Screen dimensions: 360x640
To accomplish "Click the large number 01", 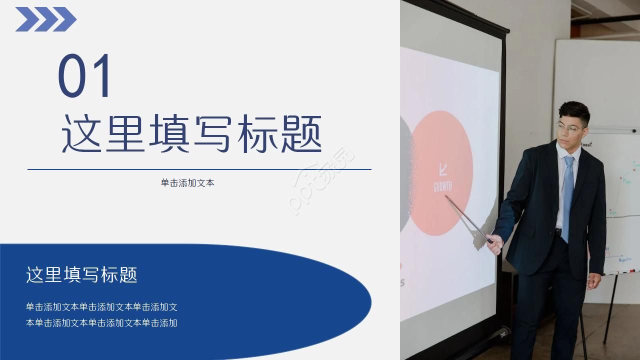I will click(85, 76).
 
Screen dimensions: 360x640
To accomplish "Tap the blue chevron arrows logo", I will click(45, 19).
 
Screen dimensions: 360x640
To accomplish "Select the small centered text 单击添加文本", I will click(187, 183).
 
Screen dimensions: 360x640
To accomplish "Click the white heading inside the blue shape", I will click(81, 275).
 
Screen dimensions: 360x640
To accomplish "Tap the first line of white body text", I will click(101, 307).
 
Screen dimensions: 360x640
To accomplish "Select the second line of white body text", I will click(101, 323).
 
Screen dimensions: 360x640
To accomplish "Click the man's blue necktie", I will click(567, 195).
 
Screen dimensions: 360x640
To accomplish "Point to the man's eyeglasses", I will click(568, 127).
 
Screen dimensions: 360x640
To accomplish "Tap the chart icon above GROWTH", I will click(442, 170).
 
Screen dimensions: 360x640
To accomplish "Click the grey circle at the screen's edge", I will click(405, 175).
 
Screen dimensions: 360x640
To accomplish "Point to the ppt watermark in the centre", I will click(320, 180).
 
